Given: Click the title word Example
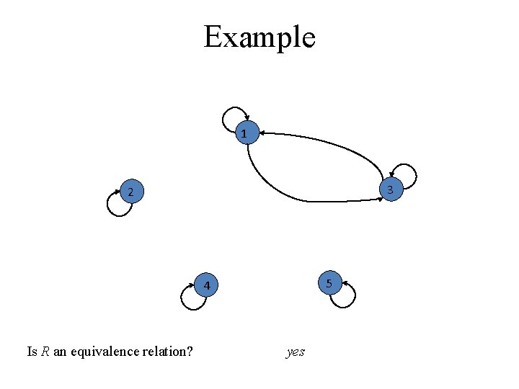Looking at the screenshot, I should (x=259, y=37).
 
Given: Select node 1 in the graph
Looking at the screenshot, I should (x=246, y=133).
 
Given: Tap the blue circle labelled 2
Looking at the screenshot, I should (x=130, y=192).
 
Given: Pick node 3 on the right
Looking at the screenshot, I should (x=390, y=189).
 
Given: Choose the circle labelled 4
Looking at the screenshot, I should (x=206, y=286).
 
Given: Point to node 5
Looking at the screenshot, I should (x=329, y=283).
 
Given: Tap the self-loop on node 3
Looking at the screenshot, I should (x=407, y=174).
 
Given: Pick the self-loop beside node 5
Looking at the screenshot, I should (x=347, y=296).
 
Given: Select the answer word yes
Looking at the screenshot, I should (x=296, y=352).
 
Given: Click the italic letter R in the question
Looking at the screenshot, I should (x=45, y=352).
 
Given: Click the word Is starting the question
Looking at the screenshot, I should (x=32, y=352).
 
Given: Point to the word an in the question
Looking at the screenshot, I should (x=59, y=352).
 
